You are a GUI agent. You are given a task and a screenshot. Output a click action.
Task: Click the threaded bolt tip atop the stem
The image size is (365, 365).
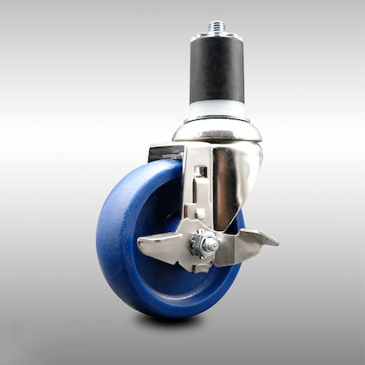pyautogui.click(x=217, y=27)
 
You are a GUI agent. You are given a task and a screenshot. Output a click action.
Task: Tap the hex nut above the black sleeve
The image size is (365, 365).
pyautogui.click(x=217, y=35)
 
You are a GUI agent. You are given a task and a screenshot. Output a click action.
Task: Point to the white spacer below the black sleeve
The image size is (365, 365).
pyautogui.click(x=217, y=110)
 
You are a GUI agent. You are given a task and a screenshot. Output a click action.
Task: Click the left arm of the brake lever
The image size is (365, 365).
pyautogui.click(x=162, y=243)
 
